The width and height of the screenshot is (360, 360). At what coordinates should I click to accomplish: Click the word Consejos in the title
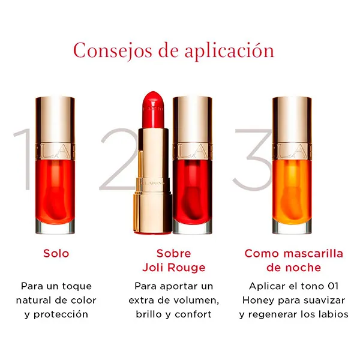(113, 51)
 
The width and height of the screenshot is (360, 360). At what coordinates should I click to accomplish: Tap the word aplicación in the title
(230, 51)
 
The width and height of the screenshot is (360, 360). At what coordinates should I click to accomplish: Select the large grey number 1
(23, 159)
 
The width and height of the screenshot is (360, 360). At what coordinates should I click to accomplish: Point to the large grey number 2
(119, 159)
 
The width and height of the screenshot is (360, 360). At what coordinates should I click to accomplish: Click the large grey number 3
(253, 160)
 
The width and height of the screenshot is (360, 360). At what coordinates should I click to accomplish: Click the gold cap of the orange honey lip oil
(292, 127)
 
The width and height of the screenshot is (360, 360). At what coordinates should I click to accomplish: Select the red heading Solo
(56, 253)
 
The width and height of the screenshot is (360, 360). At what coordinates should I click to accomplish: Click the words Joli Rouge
(174, 268)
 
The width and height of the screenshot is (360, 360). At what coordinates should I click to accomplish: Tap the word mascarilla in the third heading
(313, 253)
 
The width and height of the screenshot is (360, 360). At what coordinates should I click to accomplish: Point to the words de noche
(293, 268)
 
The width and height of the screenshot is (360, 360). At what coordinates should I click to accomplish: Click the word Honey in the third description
(258, 301)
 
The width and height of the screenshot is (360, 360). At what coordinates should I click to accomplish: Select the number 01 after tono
(333, 286)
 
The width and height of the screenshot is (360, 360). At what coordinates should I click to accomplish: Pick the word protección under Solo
(61, 314)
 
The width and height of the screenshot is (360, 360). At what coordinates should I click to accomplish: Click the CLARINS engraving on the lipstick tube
(152, 183)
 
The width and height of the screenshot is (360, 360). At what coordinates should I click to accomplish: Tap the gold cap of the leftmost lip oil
(55, 127)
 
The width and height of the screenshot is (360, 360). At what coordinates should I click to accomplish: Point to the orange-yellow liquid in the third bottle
(292, 192)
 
